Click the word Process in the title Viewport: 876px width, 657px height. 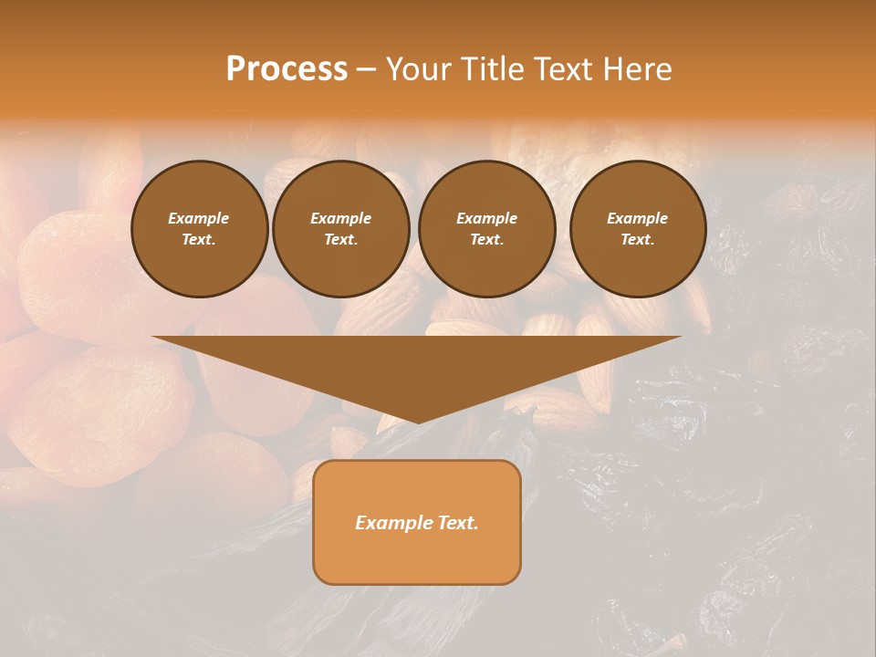click(x=287, y=69)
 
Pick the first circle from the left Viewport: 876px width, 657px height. click(x=200, y=229)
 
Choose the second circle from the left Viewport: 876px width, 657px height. click(x=341, y=229)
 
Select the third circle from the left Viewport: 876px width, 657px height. click(x=487, y=229)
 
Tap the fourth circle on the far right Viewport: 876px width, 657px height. click(x=638, y=229)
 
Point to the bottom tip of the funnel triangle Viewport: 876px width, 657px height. click(x=418, y=422)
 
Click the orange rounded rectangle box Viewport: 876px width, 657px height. click(x=417, y=522)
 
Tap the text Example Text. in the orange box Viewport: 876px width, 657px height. click(x=417, y=523)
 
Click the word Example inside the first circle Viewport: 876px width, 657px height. click(x=199, y=218)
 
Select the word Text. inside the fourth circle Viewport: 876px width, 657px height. click(x=638, y=240)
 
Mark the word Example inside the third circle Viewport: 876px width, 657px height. click(x=487, y=218)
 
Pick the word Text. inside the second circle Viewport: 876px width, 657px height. click(x=341, y=240)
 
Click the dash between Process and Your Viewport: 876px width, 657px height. click(x=366, y=69)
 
